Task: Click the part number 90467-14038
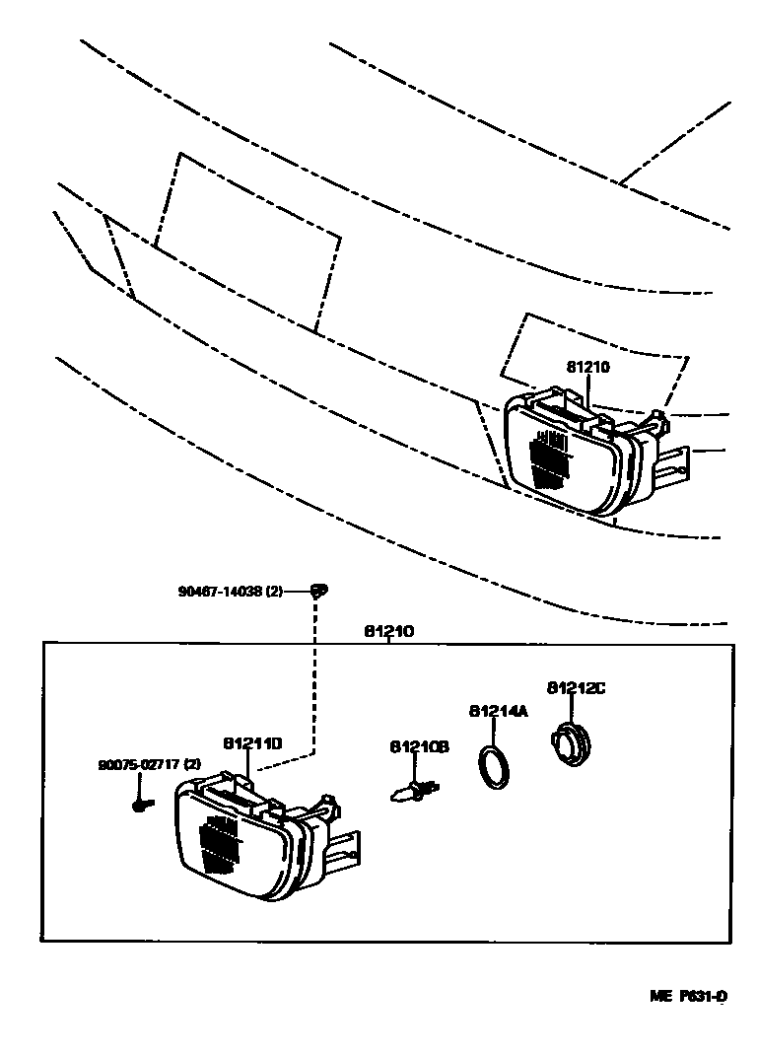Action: click(221, 592)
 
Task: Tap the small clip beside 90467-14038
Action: click(316, 591)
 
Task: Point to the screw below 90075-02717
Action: click(139, 805)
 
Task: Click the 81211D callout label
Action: click(252, 743)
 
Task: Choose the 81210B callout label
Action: click(419, 746)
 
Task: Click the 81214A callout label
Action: click(498, 710)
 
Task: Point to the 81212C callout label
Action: click(576, 687)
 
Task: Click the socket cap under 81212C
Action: click(568, 743)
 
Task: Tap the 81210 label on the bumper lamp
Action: click(588, 367)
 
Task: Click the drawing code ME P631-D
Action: click(687, 996)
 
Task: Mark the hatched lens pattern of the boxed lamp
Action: click(220, 844)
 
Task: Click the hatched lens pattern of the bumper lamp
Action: click(549, 458)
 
